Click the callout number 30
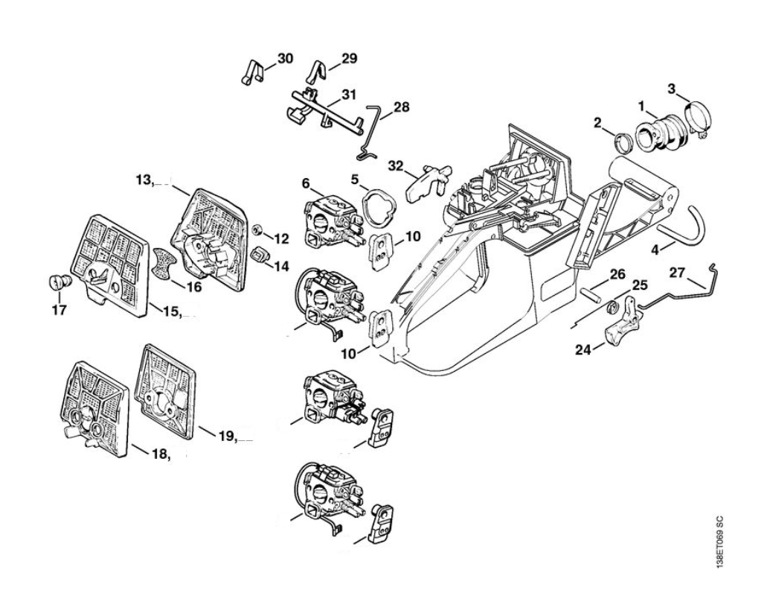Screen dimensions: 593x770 pyautogui.click(x=285, y=58)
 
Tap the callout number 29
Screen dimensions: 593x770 pyautogui.click(x=349, y=58)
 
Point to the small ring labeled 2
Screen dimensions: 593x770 pyautogui.click(x=625, y=139)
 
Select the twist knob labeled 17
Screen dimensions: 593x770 pyautogui.click(x=57, y=282)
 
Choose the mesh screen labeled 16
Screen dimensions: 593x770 pyautogui.click(x=165, y=264)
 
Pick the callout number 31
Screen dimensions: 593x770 pyautogui.click(x=349, y=95)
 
